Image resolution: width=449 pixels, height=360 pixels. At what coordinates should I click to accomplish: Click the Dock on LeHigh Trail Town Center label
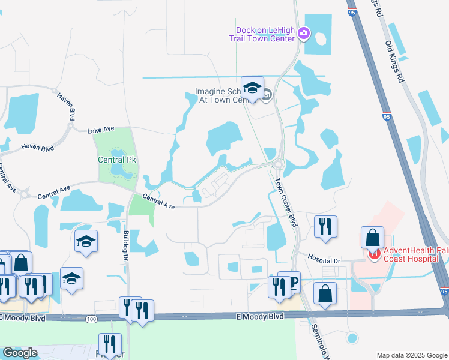(x=262, y=34)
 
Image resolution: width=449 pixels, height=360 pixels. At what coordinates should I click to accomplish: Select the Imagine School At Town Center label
(x=221, y=96)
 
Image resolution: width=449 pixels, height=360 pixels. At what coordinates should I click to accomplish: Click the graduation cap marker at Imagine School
(x=253, y=89)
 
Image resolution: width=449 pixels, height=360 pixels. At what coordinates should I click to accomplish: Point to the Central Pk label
(x=113, y=160)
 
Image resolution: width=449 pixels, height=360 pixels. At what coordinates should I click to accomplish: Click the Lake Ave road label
(x=100, y=130)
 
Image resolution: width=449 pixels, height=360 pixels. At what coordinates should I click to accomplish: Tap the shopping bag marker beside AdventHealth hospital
(x=372, y=236)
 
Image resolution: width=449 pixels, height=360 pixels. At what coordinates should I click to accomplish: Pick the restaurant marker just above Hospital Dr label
(x=325, y=226)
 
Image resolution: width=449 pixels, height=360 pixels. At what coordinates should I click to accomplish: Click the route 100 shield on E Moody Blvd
(x=91, y=319)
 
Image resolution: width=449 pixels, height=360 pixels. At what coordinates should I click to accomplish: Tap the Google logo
(x=20, y=352)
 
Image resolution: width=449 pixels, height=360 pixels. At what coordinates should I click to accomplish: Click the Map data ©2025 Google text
(x=411, y=355)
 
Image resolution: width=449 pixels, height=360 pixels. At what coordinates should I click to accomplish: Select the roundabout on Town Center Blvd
(x=278, y=163)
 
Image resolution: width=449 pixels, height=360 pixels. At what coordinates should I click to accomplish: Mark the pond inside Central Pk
(x=121, y=172)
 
